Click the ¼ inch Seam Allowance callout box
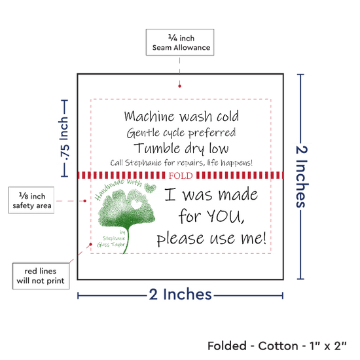point(180,43)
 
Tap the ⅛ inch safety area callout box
point(31,200)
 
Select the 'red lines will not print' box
point(41,276)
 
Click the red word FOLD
point(181,175)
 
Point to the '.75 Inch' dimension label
point(64,139)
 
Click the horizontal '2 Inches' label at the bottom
point(180,295)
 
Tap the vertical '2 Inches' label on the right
point(302,177)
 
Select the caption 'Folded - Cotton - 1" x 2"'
point(277,346)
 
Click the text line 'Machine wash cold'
point(181,116)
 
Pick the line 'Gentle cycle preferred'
point(181,133)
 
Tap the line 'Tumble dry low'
point(181,149)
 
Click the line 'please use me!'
point(211,238)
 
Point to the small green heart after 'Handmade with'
point(150,188)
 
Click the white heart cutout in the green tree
point(135,204)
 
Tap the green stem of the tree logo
point(127,239)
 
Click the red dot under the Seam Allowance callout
point(179,86)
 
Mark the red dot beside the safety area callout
point(85,201)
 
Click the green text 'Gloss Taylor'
point(111,245)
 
